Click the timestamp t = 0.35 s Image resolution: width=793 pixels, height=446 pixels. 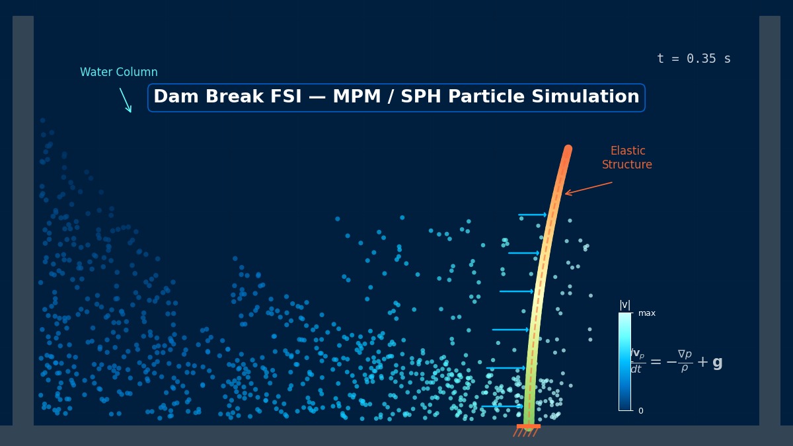click(693, 59)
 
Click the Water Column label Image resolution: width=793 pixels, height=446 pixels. click(119, 72)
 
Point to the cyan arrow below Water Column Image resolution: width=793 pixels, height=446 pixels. click(126, 100)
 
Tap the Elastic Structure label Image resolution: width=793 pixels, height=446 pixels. click(627, 158)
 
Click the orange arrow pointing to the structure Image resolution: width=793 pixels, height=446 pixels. click(588, 188)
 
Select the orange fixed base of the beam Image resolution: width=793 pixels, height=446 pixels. click(528, 427)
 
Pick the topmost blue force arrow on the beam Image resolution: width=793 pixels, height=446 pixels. click(533, 215)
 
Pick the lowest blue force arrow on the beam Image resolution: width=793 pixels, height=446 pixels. click(502, 406)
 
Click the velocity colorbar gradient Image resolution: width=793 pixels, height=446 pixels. click(624, 361)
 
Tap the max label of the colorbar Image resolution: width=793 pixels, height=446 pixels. click(647, 313)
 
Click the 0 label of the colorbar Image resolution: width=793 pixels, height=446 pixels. click(640, 411)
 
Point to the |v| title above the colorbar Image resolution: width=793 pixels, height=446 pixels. click(624, 305)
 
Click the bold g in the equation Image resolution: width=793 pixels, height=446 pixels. click(717, 362)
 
